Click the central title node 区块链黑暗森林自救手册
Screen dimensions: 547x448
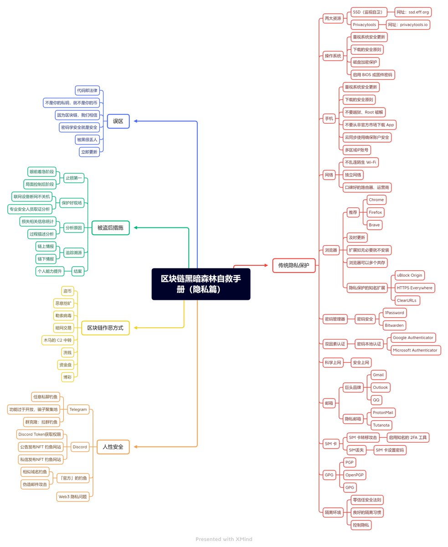[x=201, y=284]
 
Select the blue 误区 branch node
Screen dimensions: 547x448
[x=118, y=121]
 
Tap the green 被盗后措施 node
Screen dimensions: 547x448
[x=110, y=227]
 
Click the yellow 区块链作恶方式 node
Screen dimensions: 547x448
[x=105, y=328]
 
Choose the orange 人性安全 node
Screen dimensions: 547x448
[x=113, y=447]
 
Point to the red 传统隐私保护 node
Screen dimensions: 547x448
[x=294, y=265]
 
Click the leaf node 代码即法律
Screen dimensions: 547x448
[x=87, y=90]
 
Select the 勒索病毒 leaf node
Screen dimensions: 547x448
[x=63, y=315]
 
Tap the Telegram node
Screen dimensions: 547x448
[x=78, y=409]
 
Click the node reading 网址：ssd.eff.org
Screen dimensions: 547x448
[x=412, y=12]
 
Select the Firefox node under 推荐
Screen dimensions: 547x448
[x=376, y=212]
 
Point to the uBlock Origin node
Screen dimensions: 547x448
[x=410, y=275]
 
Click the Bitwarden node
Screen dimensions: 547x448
[x=394, y=325]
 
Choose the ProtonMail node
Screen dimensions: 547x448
[x=382, y=413]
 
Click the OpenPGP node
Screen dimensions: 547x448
[x=355, y=475]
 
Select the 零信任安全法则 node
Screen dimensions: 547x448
[x=367, y=500]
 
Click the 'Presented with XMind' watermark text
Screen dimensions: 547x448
[x=224, y=539]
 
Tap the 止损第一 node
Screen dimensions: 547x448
[x=73, y=178]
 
